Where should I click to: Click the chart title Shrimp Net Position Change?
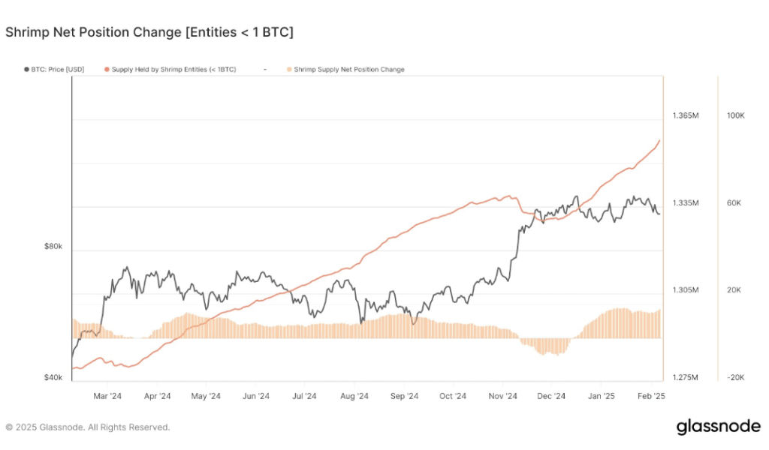point(149,32)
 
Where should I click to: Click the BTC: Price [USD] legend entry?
point(57,70)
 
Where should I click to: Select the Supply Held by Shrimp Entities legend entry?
point(173,70)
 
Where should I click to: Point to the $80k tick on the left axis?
point(53,246)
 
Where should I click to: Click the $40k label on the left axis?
point(53,377)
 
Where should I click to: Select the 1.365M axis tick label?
point(686,115)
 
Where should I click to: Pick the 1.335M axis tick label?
point(686,203)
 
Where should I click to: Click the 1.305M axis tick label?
point(686,290)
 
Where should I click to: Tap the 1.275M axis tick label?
point(686,377)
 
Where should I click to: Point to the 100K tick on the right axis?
point(735,115)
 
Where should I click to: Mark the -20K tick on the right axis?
point(734,377)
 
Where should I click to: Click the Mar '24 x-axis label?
point(108,396)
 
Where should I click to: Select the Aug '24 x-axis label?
point(354,396)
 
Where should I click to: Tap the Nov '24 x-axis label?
point(502,396)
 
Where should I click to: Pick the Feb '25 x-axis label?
point(650,396)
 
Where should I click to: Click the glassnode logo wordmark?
point(718,427)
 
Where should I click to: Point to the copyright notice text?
point(88,427)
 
